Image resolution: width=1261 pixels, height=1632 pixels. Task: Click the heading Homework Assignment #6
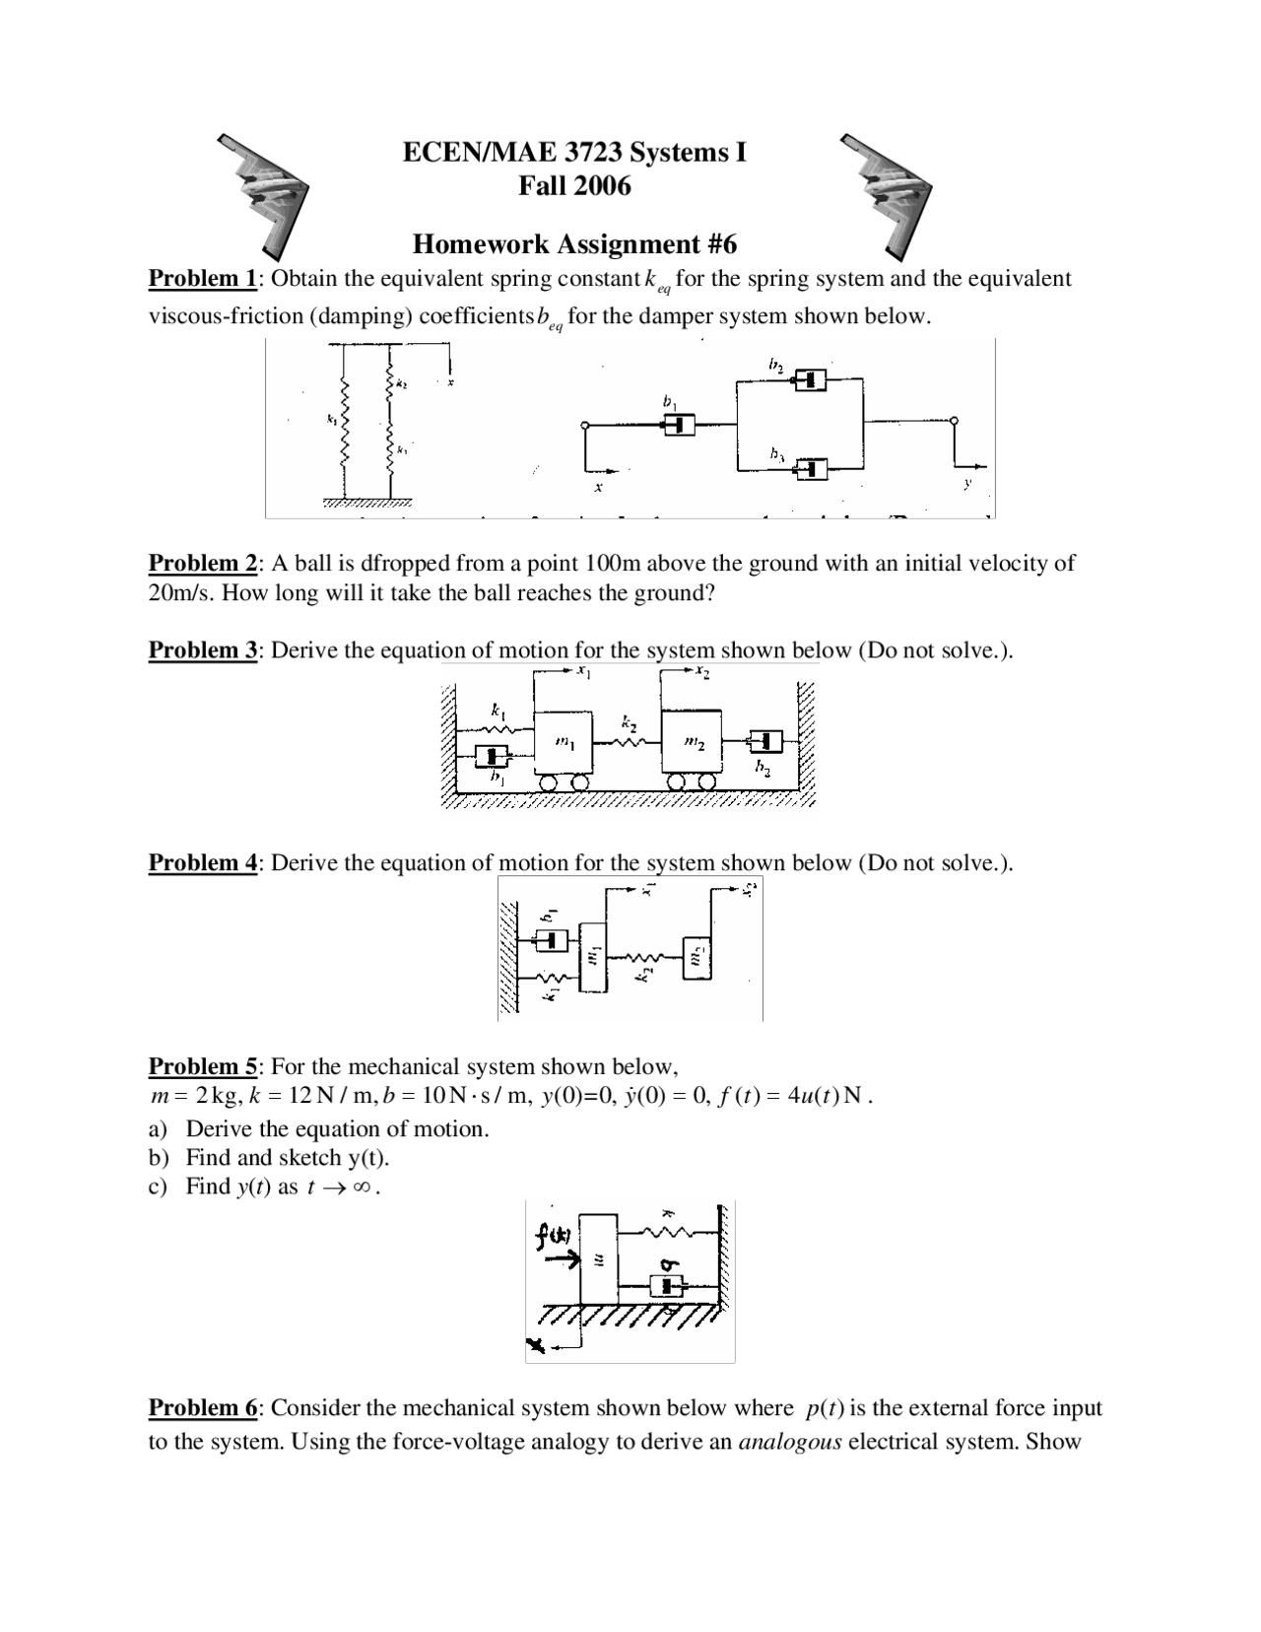(574, 243)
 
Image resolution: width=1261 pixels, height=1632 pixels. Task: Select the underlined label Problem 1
(202, 279)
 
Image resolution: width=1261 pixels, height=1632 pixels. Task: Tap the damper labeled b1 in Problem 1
(678, 425)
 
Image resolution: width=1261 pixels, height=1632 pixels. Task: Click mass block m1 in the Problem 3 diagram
(564, 741)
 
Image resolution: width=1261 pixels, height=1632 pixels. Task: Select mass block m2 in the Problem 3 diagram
(693, 742)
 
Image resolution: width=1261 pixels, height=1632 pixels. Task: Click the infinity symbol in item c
(361, 1188)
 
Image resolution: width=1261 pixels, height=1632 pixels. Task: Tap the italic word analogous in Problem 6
(789, 1443)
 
